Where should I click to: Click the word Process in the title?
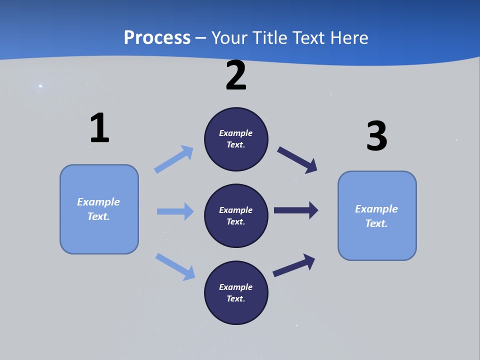(x=157, y=38)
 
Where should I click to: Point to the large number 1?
(x=99, y=128)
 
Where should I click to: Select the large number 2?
(x=236, y=76)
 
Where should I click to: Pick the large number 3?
(x=376, y=136)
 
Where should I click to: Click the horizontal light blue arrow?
(x=175, y=211)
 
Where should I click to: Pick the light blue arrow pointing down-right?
(x=175, y=266)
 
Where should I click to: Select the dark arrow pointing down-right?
(x=297, y=159)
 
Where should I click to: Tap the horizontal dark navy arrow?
(x=296, y=210)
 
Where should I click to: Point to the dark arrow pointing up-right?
(x=294, y=265)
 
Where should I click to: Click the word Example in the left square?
(x=98, y=202)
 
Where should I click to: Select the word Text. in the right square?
(x=376, y=223)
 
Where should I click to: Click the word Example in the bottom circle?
(x=236, y=287)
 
